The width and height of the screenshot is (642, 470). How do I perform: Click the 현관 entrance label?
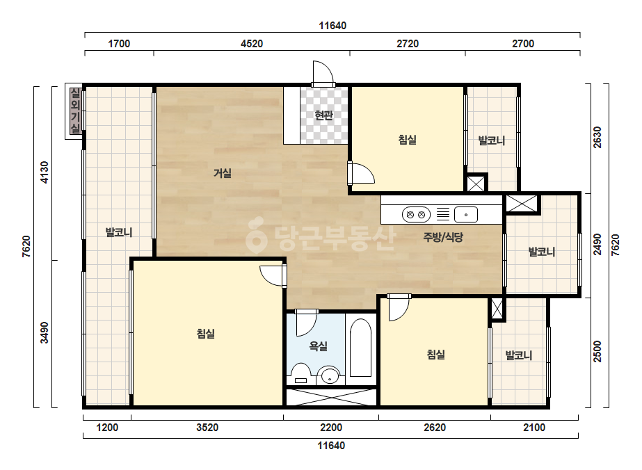324,115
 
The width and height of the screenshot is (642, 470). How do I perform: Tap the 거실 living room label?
223,173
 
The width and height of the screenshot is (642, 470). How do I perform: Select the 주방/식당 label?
443,237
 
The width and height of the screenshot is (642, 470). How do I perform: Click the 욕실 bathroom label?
318,346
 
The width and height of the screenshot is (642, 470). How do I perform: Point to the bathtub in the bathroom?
360,348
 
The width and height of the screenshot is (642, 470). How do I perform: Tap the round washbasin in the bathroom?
329,375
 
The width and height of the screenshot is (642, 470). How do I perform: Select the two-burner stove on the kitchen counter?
416,215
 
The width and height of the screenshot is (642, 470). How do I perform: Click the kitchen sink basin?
466,215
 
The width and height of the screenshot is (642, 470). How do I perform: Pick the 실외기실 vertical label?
75,111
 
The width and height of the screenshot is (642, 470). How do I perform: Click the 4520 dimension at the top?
252,44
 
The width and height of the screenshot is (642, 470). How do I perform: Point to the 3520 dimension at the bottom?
207,428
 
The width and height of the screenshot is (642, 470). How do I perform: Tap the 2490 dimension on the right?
597,245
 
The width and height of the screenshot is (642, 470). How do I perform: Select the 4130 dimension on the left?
44,172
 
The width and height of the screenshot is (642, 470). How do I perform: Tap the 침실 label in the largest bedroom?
206,334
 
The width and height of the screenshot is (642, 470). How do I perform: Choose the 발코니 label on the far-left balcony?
119,232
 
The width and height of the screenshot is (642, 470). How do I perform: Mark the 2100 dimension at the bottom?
534,428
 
